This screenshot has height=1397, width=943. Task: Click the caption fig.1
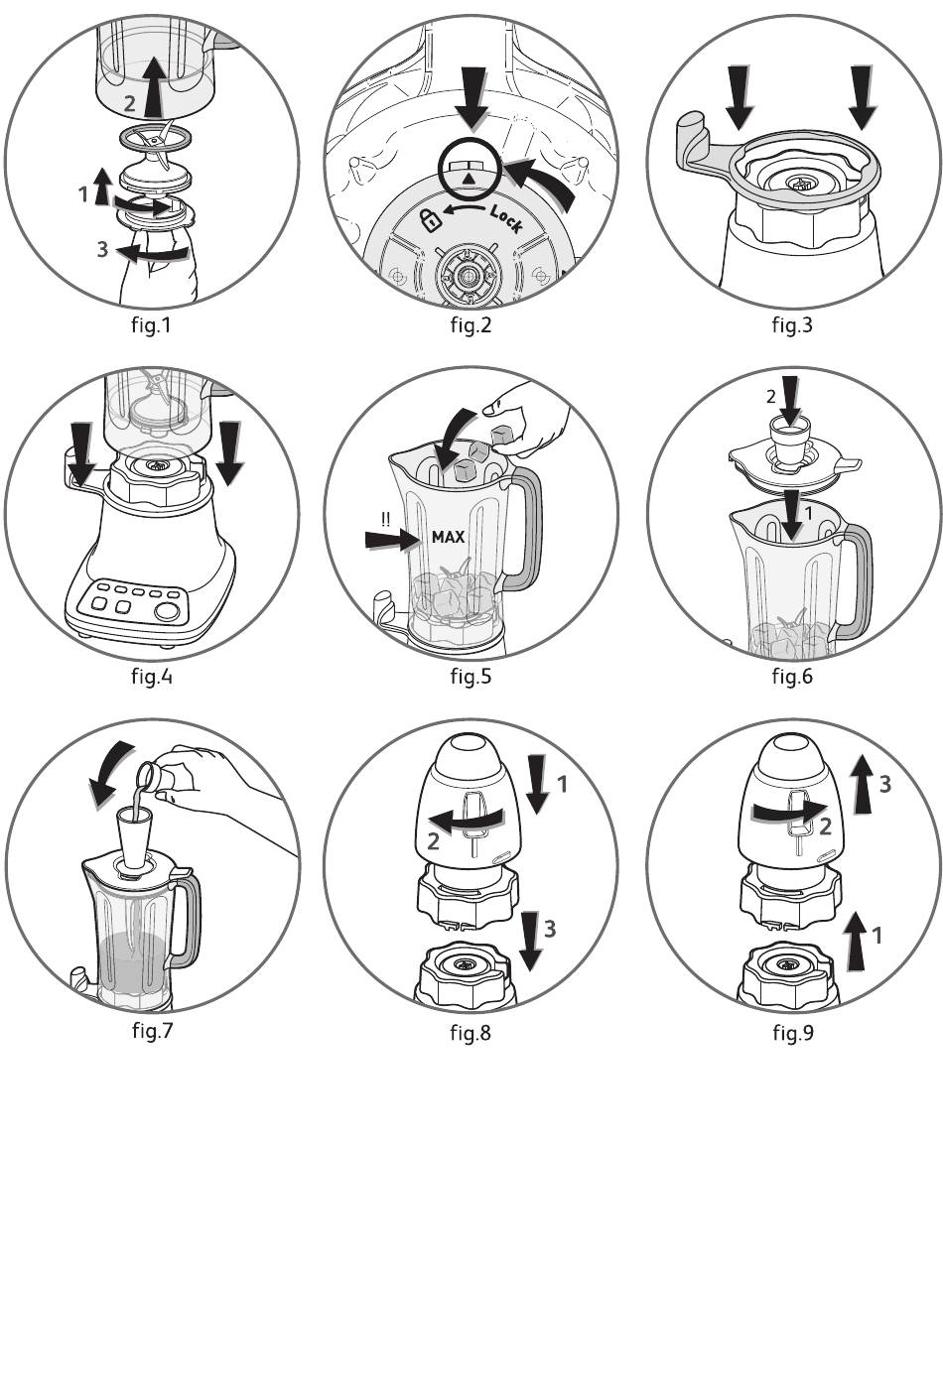[150, 324]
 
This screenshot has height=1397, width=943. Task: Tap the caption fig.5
[471, 677]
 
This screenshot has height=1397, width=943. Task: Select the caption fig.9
[792, 1033]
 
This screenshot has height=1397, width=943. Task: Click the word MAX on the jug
[448, 537]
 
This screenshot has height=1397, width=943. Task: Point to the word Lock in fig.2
[505, 217]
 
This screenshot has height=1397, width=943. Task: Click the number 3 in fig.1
[102, 249]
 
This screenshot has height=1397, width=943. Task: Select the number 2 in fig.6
[771, 397]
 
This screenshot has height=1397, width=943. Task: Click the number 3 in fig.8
[549, 929]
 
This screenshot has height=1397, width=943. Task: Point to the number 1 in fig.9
[876, 934]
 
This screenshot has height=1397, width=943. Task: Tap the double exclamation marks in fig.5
[386, 516]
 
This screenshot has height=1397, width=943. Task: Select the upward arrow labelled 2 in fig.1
[152, 86]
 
